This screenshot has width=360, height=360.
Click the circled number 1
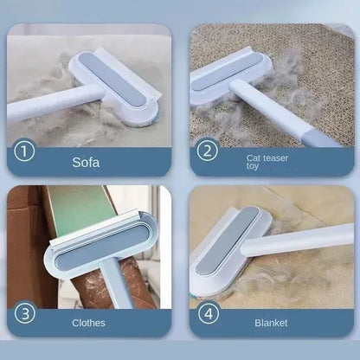point(25,151)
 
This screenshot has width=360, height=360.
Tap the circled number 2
point(208,151)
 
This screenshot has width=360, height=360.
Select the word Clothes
point(89,323)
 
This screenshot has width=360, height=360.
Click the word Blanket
point(271,323)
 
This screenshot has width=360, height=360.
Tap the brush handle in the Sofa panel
point(39,108)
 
